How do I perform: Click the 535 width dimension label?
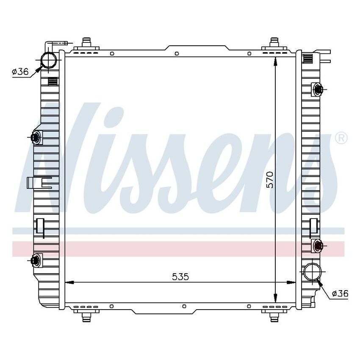[x=180, y=277]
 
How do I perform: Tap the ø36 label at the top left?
[x=20, y=72]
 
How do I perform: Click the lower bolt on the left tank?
[x=36, y=260]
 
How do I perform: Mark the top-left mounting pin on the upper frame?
[x=88, y=42]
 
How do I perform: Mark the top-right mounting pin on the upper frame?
[x=274, y=42]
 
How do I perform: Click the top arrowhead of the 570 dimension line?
[x=276, y=62]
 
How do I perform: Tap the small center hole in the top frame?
[x=176, y=54]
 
